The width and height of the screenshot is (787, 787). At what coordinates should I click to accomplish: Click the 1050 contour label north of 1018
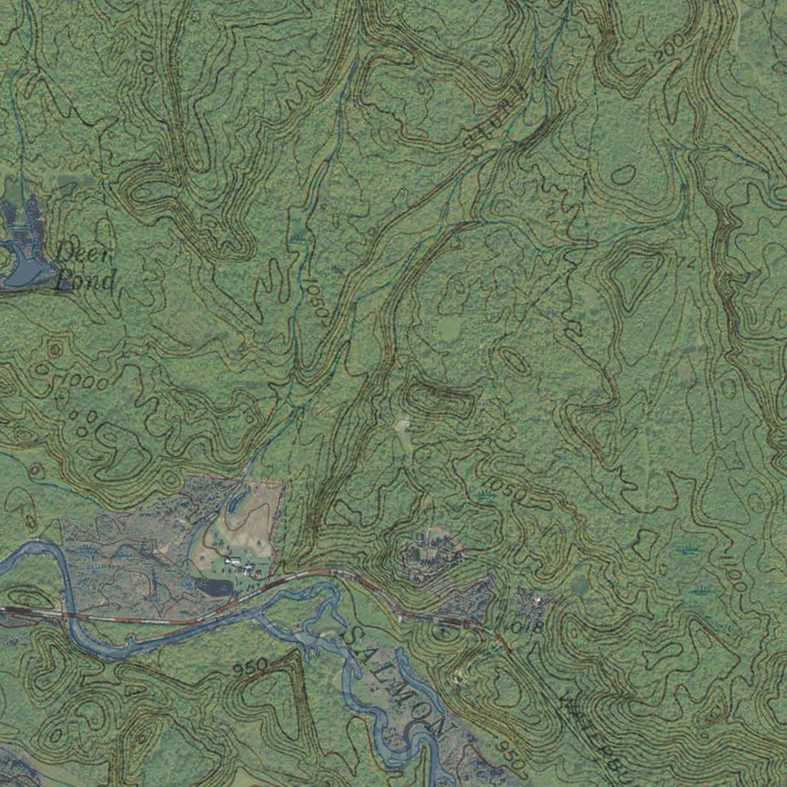tap(507, 492)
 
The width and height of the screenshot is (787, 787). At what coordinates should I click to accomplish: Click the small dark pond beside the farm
tap(214, 587)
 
